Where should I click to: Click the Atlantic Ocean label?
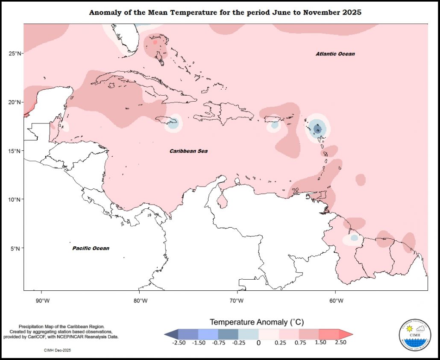[x=335, y=54]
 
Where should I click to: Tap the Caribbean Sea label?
[x=188, y=151]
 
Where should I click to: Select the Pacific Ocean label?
[x=91, y=248]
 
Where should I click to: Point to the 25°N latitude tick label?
[x=15, y=53]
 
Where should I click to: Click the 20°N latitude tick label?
[x=15, y=102]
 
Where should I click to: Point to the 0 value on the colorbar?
[x=258, y=342]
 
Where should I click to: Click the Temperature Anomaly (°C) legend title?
[x=257, y=322]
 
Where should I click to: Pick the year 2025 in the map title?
[x=352, y=12]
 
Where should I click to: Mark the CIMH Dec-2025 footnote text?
[x=57, y=350]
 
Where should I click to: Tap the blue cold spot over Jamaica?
[x=173, y=124]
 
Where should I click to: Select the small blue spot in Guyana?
[x=354, y=238]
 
